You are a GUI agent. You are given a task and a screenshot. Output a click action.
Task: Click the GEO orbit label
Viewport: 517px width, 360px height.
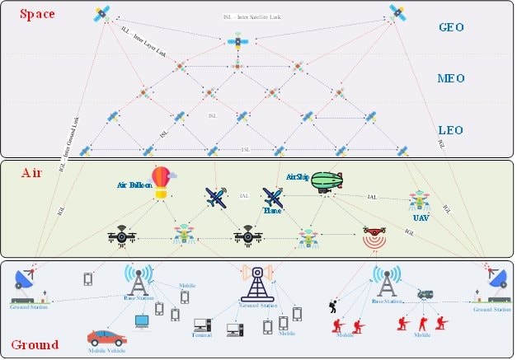[x=452, y=26]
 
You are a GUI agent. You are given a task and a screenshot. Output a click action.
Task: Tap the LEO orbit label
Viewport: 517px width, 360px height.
[x=452, y=130]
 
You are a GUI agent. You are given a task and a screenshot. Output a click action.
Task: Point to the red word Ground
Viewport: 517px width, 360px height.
[x=34, y=344]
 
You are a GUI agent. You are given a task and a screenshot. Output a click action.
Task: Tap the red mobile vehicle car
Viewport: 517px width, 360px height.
[x=106, y=338]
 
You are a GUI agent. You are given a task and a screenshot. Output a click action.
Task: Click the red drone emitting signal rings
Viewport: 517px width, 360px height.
[x=375, y=236]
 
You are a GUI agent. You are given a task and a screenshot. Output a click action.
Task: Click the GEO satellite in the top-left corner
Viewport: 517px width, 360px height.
[x=102, y=13]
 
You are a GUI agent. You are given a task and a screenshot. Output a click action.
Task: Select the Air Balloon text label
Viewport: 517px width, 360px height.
[x=134, y=186]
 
